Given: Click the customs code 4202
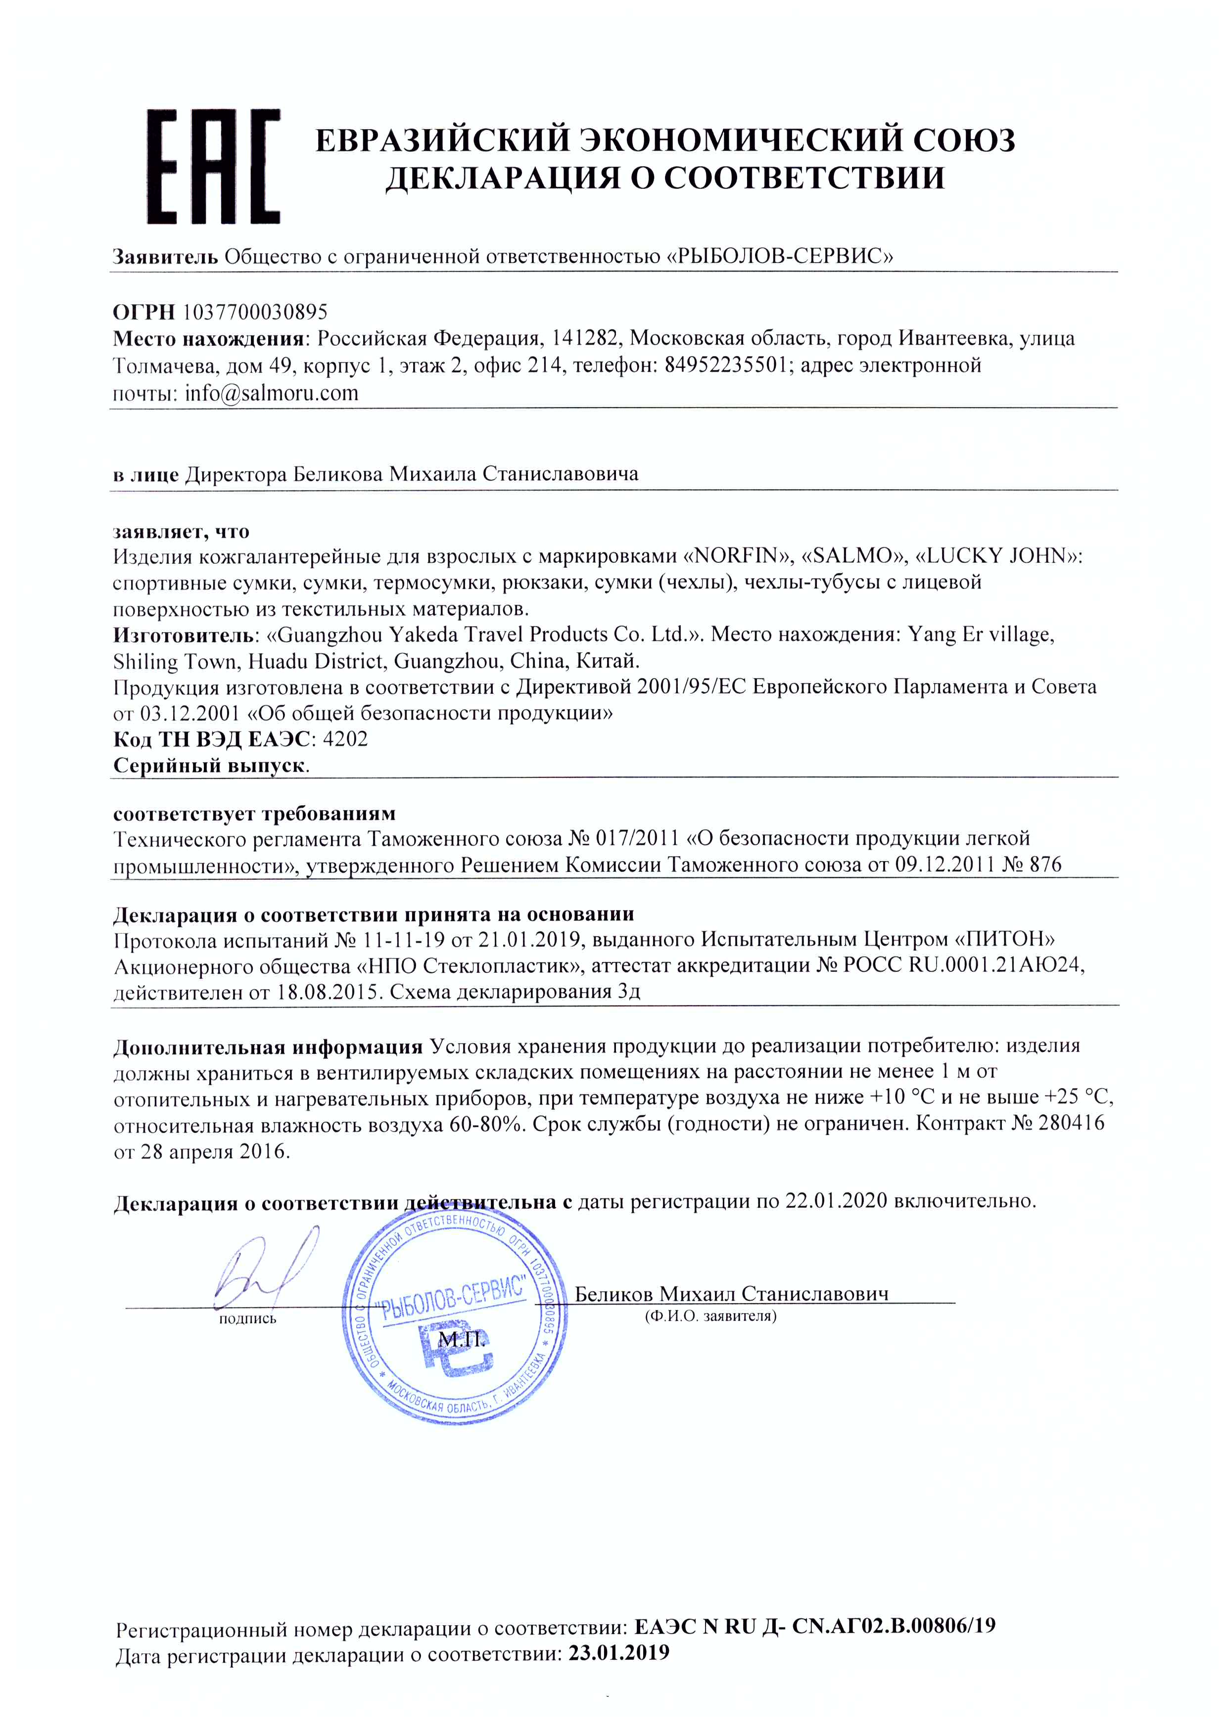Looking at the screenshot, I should [x=345, y=739].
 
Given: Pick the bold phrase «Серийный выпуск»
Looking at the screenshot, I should [x=210, y=765].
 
